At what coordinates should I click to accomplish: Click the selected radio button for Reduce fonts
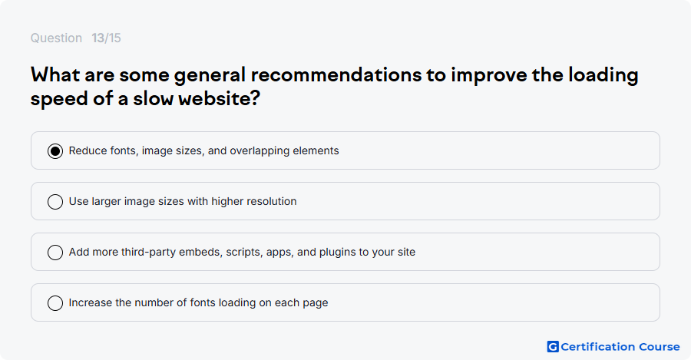[55, 150]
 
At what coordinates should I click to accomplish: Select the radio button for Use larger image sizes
[55, 201]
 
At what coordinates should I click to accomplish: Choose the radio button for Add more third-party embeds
[55, 252]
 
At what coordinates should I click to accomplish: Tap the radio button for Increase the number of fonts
[55, 302]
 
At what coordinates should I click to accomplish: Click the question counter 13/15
[106, 38]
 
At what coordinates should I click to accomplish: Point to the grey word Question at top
[56, 38]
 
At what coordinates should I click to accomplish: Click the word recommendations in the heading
[336, 74]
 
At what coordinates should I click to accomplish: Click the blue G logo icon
[553, 347]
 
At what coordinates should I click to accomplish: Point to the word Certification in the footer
[597, 347]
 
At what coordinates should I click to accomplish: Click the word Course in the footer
[660, 347]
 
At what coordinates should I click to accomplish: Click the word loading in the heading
[603, 75]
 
